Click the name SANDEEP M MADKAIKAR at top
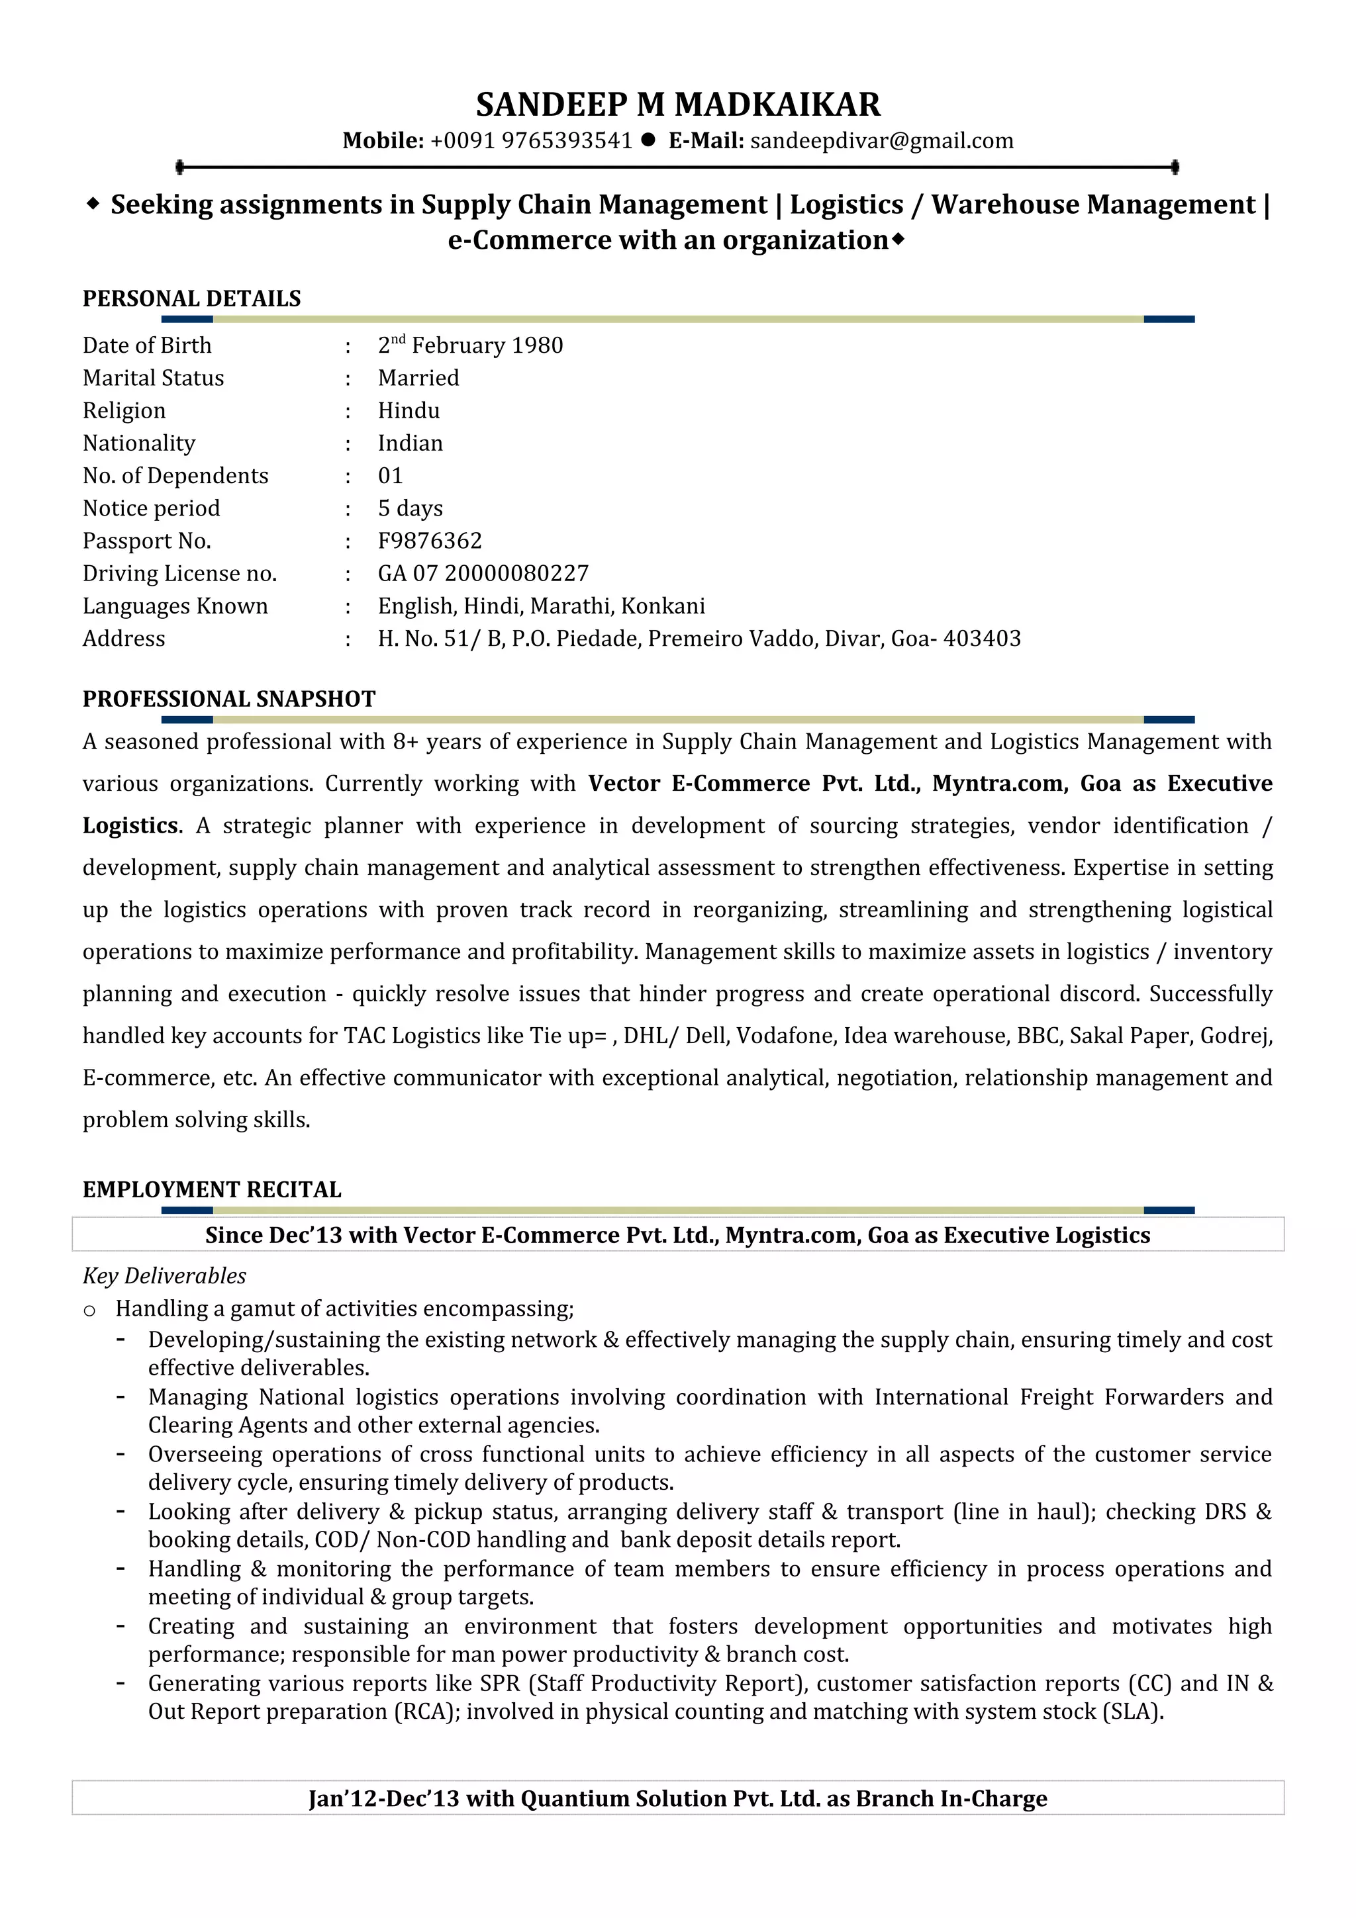(x=677, y=105)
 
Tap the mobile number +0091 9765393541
(x=532, y=141)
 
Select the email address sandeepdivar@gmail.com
(x=881, y=141)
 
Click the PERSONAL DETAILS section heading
(x=191, y=299)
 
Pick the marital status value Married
(x=418, y=379)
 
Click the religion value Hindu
(x=409, y=411)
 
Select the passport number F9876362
(x=430, y=541)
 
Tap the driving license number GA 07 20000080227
(x=483, y=574)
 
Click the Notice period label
(x=151, y=509)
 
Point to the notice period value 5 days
(x=411, y=509)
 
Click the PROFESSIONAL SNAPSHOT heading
(x=229, y=699)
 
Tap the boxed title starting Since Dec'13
(x=677, y=1236)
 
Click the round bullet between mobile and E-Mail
(x=648, y=140)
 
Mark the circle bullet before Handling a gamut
(x=89, y=1310)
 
